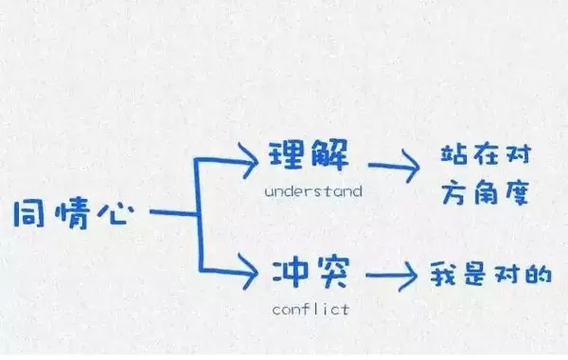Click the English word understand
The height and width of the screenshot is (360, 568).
313,191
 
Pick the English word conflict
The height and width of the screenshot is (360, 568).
311,309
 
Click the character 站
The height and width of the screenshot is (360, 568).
456,154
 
